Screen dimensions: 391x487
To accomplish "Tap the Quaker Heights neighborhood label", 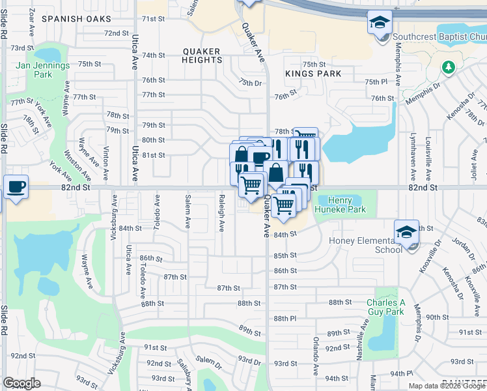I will click(202, 55).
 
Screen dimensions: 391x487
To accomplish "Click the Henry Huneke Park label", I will click(341, 205).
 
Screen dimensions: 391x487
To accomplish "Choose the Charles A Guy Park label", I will click(385, 307).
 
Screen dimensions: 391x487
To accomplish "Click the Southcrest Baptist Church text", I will click(439, 38).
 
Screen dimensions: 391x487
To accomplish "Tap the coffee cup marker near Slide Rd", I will click(16, 186).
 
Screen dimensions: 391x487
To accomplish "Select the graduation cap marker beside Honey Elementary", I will click(406, 231).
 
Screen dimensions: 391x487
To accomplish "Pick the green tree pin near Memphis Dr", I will click(448, 68).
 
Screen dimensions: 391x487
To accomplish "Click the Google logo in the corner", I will click(21, 383).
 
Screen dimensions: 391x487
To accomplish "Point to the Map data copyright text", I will click(447, 386).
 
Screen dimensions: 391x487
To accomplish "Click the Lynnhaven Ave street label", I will click(413, 159).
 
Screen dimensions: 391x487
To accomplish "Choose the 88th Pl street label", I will click(285, 318).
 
